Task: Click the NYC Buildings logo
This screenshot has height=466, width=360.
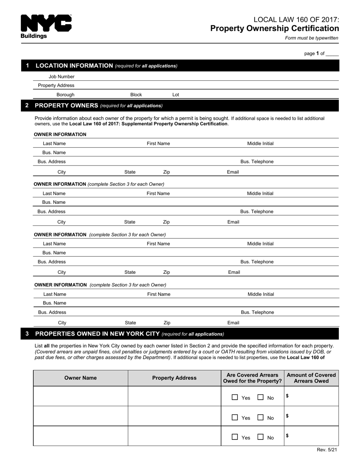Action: (46, 27)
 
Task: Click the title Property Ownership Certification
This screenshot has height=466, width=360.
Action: (274, 28)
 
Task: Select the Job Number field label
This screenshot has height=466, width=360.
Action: (61, 77)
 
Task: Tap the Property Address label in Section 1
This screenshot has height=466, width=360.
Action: (56, 86)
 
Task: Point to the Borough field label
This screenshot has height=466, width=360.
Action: (66, 95)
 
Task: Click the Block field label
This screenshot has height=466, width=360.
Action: (136, 95)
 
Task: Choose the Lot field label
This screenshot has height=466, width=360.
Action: (175, 95)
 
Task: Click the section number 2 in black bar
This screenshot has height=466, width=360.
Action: (27, 105)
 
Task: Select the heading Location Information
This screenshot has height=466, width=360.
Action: (74, 66)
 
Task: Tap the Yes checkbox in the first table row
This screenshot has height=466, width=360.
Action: (235, 397)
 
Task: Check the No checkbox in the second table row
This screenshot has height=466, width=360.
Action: (261, 418)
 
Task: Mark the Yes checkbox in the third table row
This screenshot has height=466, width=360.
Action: (235, 437)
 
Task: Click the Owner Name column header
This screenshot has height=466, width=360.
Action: (80, 378)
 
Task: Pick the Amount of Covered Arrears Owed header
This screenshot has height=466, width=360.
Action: (311, 378)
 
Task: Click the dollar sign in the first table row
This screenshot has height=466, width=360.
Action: (288, 396)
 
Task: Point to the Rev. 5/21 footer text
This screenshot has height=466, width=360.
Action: (327, 450)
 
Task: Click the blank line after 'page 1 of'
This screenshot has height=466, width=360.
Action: (332, 54)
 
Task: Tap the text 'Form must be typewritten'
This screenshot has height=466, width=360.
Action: (311, 38)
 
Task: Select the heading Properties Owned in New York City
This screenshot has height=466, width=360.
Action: (97, 334)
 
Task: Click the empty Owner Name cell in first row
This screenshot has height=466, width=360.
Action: (80, 396)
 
